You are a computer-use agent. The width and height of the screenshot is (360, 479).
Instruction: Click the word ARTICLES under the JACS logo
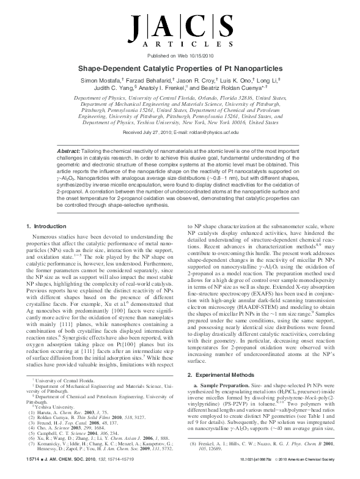(180, 44)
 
